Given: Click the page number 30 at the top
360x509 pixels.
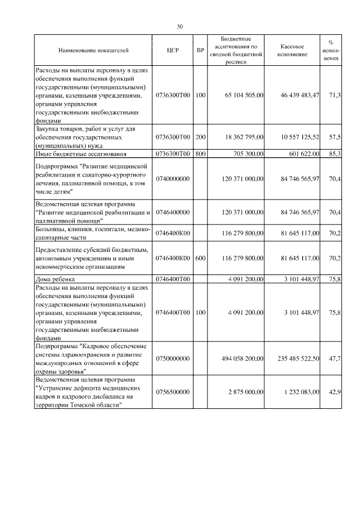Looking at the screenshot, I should pos(180,26).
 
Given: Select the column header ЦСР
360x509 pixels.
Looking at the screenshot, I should pos(173,51).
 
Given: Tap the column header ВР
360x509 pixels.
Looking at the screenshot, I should pos(200,51).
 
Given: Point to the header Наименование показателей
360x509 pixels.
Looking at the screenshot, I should pos(93,51).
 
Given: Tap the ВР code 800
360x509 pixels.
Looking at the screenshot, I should pos(200,153).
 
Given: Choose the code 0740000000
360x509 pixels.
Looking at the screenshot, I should pos(173,179).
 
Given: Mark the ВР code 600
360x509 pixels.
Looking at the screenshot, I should pos(200,258).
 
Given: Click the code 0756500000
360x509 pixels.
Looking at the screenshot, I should pos(173,391).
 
